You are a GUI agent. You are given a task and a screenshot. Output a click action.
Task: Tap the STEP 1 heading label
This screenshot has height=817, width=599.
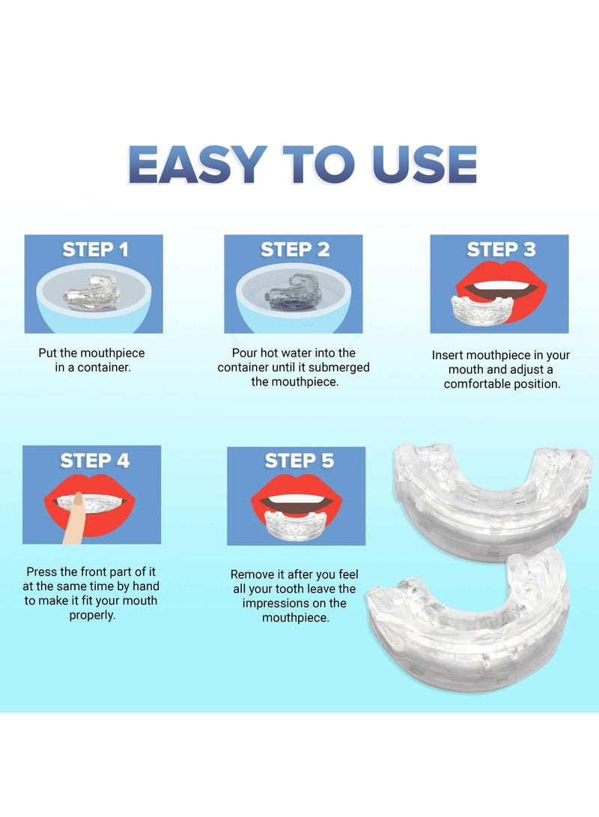tap(94, 249)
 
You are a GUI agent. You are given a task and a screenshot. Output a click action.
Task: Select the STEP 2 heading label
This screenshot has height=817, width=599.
tap(294, 249)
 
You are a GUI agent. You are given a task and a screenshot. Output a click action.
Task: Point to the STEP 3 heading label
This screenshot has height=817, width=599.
tap(501, 249)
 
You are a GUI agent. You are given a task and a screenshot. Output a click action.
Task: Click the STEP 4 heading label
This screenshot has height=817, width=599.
tap(94, 461)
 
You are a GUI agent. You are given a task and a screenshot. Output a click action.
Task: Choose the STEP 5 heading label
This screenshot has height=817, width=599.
tap(299, 461)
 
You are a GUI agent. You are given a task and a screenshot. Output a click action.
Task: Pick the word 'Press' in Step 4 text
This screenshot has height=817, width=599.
tap(43, 571)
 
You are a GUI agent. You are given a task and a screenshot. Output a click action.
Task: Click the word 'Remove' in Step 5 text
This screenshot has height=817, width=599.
tap(251, 574)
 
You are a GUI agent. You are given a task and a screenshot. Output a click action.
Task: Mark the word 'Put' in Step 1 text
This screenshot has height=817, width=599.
tap(48, 353)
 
